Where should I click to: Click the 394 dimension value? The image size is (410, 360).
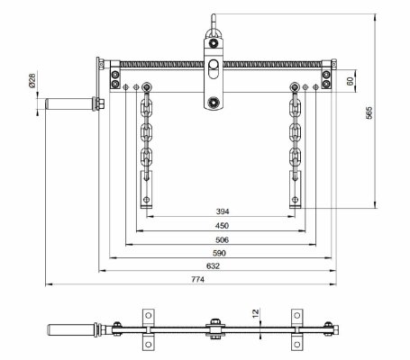click(223, 211)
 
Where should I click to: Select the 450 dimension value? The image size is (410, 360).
click(222, 226)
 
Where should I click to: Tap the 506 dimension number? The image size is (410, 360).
click(223, 239)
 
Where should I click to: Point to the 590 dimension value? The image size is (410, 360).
click(219, 253)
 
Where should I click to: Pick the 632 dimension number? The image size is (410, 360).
click(213, 265)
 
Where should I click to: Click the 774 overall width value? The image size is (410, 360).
click(198, 279)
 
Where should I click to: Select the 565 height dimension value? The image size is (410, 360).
click(369, 112)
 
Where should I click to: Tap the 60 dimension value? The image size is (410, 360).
click(351, 81)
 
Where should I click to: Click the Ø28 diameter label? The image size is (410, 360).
click(32, 80)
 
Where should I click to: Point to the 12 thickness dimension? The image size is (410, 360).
click(255, 313)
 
